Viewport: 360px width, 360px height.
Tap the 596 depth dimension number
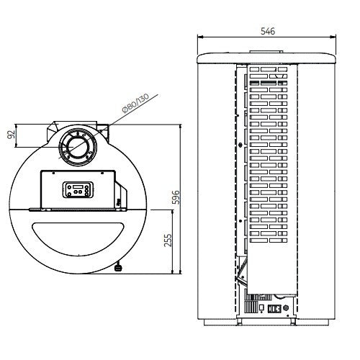click(x=186, y=197)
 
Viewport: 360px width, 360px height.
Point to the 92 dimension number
click(x=12, y=135)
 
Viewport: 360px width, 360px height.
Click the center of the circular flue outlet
click(x=75, y=148)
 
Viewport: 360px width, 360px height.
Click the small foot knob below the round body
click(x=118, y=269)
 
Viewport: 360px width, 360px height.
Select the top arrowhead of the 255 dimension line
click(x=176, y=210)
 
